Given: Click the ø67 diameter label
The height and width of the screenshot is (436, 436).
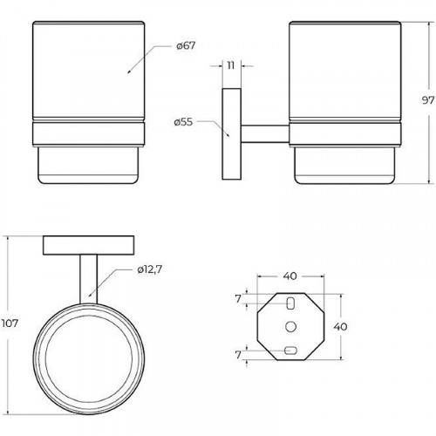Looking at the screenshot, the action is point(186,46).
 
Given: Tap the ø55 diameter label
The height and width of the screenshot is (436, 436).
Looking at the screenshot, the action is point(183,122).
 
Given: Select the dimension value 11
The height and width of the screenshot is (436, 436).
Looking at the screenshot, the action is point(231,65).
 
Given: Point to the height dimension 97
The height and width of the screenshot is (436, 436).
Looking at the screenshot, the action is point(428,100).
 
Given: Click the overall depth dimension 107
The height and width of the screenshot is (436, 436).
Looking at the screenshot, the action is point(10,324).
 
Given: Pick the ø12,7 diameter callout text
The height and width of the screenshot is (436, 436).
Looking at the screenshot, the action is point(149,269).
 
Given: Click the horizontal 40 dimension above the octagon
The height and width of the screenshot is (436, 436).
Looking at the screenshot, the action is point(290,276).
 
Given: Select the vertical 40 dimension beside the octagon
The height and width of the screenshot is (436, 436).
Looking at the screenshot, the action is point(340,327).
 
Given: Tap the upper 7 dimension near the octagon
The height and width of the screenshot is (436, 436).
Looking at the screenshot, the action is point(238,299).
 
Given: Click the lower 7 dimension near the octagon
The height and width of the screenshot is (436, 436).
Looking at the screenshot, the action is point(238,355).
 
